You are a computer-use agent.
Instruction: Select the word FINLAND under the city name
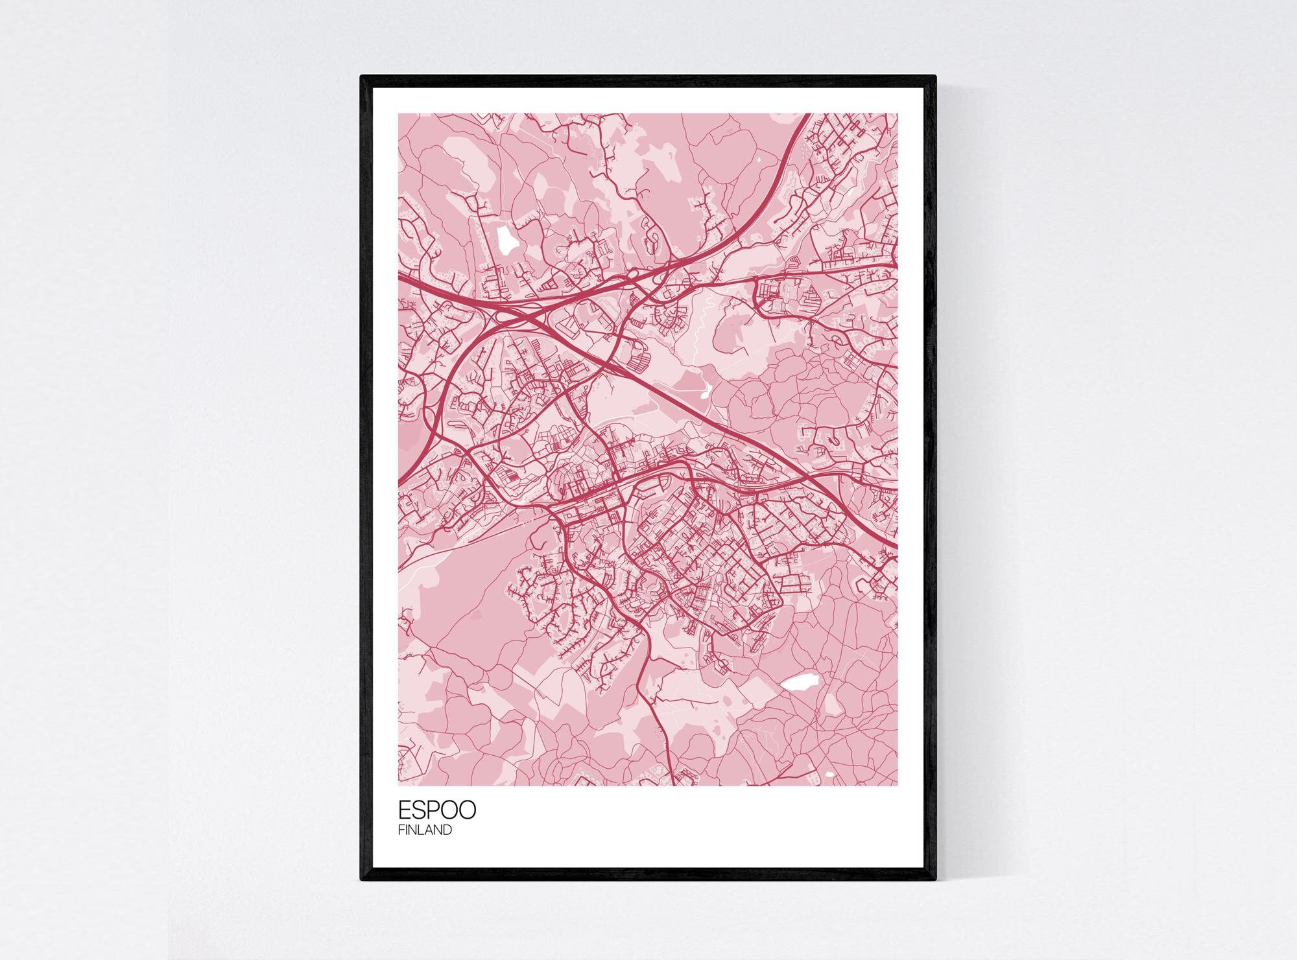[x=425, y=830]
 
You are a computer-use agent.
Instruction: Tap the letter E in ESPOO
[x=405, y=810]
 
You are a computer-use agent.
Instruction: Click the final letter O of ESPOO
[x=467, y=810]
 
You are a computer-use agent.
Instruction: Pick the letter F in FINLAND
[x=401, y=830]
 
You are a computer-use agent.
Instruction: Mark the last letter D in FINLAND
[x=448, y=830]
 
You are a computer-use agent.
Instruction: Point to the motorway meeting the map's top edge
[x=808, y=115]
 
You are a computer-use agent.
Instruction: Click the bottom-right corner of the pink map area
[x=898, y=785]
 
